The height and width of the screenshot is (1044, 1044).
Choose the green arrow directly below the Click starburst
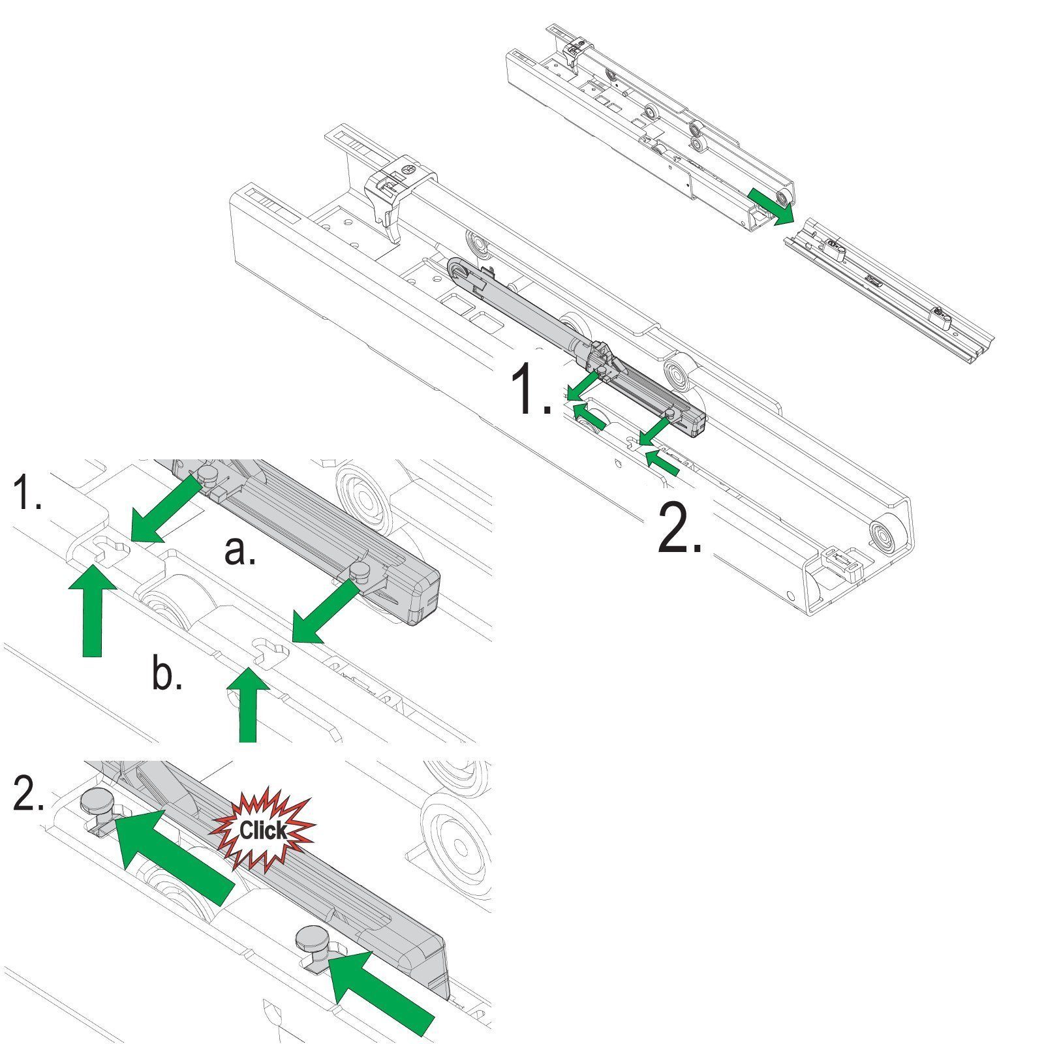pyautogui.click(x=175, y=857)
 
